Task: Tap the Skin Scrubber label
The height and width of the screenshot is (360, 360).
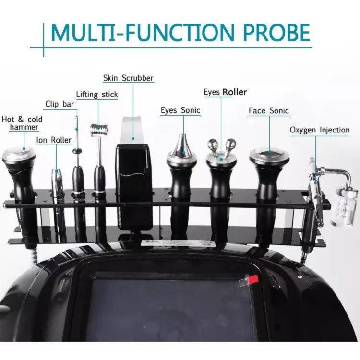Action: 128,78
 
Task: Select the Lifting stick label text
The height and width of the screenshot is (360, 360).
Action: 97,95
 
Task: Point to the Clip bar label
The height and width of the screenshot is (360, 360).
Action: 60,104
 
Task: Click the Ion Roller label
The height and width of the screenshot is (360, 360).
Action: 54,140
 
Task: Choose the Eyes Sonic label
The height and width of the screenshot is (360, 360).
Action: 180,110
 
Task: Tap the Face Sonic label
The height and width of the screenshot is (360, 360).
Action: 269,111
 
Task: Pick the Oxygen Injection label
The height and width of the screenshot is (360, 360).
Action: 320,130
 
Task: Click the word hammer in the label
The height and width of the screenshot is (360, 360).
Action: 24,127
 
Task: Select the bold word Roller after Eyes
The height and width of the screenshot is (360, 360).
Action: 235,92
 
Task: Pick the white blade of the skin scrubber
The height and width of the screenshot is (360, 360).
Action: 132,131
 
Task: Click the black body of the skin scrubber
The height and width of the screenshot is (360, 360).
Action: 134,187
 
